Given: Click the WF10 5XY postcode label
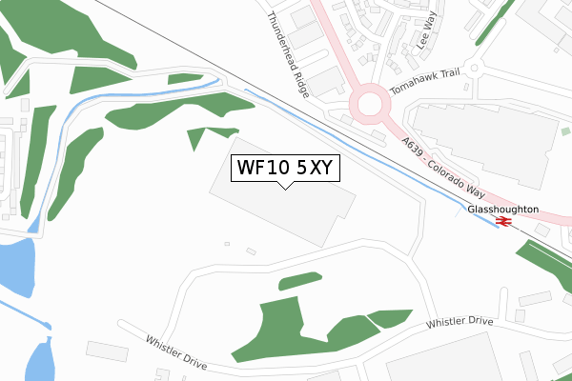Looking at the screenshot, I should tap(283, 168).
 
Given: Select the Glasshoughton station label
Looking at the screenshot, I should tap(502, 209).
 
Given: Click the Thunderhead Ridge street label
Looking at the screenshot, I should tap(289, 55).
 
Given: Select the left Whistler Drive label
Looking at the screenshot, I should tap(176, 351).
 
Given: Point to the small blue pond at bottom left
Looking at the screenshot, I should tap(39, 362).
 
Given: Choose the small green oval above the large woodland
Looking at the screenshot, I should tap(300, 281).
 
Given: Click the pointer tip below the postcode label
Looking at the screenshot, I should tap(283, 187).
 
